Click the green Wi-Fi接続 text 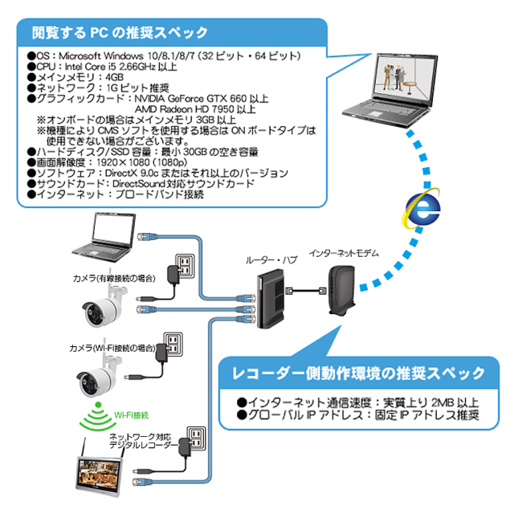tap(129, 414)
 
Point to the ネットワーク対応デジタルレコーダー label tap(140, 441)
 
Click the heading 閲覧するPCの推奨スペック tap(120, 33)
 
